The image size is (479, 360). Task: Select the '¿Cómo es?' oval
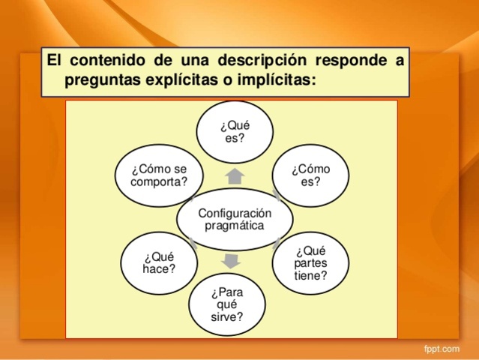[x=310, y=175]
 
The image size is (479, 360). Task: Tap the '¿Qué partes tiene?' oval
[x=310, y=263]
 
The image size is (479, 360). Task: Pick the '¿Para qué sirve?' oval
[x=226, y=304]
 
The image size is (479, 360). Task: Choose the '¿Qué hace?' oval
[x=159, y=262]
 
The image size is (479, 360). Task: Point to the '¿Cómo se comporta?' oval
[x=159, y=175]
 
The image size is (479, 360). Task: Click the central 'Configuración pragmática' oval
[x=235, y=218]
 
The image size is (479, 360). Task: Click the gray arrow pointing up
[x=235, y=176]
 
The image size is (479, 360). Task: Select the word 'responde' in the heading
[x=351, y=61]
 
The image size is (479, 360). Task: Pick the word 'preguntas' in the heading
[x=103, y=79]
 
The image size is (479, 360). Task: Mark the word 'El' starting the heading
[x=55, y=61]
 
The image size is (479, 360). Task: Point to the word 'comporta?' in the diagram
[x=159, y=181]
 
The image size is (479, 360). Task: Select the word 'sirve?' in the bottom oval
[x=226, y=317]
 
